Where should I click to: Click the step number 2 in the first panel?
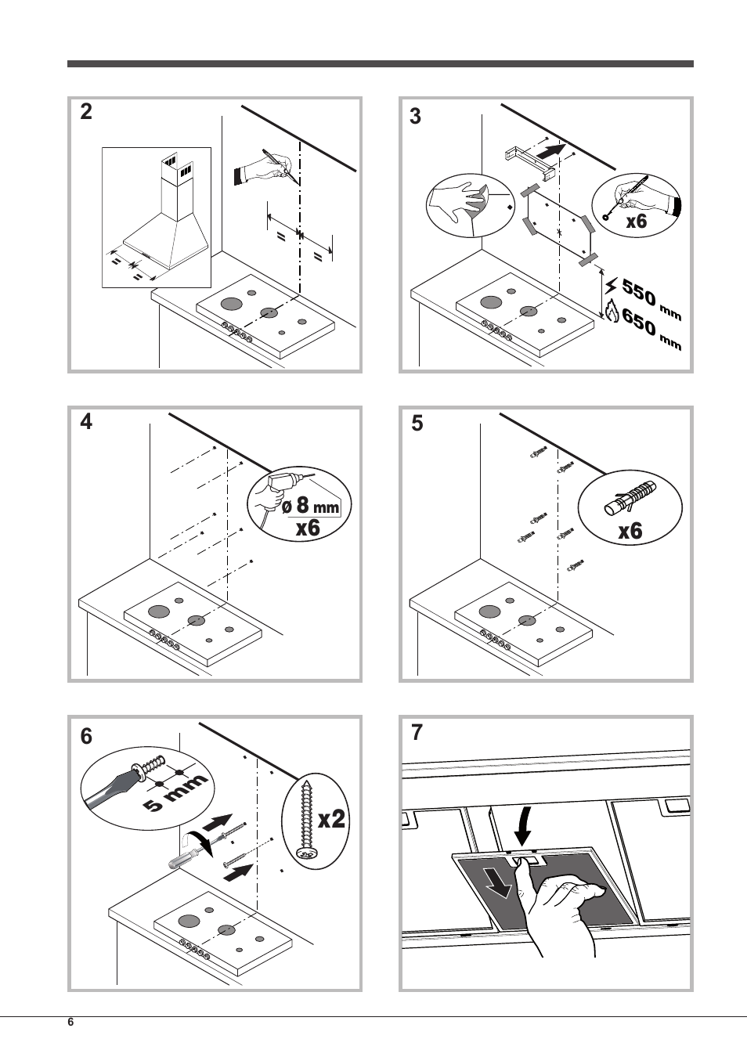pyautogui.click(x=86, y=113)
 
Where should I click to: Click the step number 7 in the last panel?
pyautogui.click(x=417, y=734)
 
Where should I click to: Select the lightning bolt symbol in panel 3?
pyautogui.click(x=611, y=287)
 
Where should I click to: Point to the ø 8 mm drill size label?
pyautogui.click(x=310, y=507)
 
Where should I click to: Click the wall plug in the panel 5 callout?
pyautogui.click(x=630, y=498)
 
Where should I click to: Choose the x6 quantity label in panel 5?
pyautogui.click(x=630, y=532)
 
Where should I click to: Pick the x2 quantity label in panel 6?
pyautogui.click(x=331, y=820)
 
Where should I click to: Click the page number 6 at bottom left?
pyautogui.click(x=70, y=1023)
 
